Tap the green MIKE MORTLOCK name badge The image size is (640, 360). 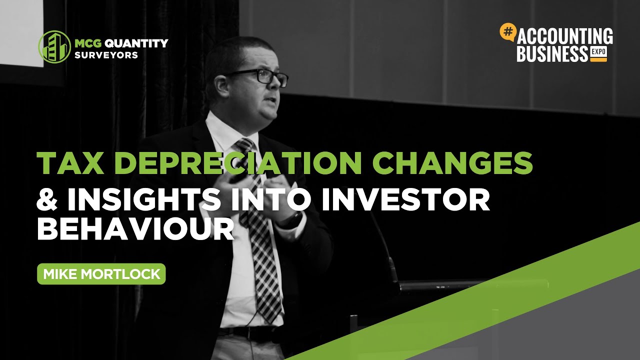coord(101,274)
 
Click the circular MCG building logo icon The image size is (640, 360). coord(54,47)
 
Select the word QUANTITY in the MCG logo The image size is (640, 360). coord(135,43)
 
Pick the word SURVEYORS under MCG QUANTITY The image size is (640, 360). coord(106,55)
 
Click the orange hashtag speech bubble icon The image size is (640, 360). coord(507,32)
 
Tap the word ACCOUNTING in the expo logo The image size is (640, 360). coord(565,37)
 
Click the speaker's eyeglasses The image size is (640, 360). coord(260,77)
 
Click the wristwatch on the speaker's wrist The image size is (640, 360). coord(295,218)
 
